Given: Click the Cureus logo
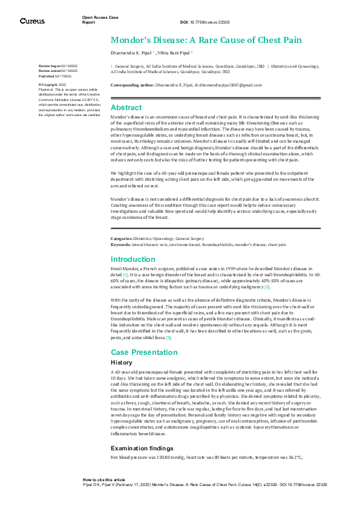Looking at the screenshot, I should click(32, 21).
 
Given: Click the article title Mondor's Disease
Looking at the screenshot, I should click(206, 40).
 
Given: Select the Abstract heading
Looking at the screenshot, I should click(126, 107).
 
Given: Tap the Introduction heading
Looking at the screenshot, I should click(133, 259).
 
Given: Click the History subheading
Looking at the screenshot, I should click(122, 362).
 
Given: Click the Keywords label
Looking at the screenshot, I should click(122, 244).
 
